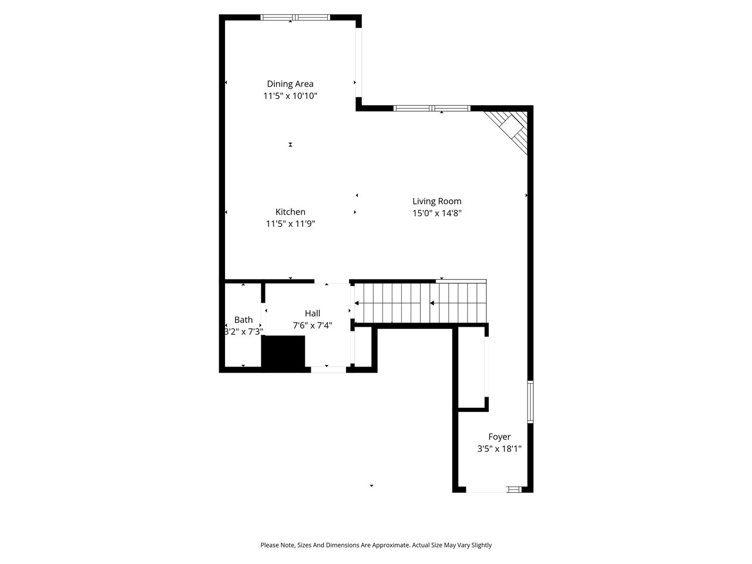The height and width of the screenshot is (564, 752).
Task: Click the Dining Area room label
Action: [290, 84]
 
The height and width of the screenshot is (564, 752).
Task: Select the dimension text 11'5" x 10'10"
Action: [290, 96]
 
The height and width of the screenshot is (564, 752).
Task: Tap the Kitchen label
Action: [290, 212]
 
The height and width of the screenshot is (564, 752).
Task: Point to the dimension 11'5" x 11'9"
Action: [290, 224]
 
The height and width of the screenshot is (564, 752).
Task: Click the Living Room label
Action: [437, 202]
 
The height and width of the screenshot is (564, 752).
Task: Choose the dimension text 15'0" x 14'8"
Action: [437, 213]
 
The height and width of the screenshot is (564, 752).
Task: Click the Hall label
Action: [312, 314]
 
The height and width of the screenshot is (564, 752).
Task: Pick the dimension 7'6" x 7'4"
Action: [312, 325]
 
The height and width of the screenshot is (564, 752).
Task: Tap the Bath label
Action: [243, 320]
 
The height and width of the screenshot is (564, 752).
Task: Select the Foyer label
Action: [499, 437]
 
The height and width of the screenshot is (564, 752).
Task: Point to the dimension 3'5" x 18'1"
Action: [499, 449]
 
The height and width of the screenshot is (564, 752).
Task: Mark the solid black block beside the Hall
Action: [283, 352]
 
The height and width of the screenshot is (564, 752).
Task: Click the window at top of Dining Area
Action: [296, 17]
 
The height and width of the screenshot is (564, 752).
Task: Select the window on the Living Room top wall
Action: [432, 108]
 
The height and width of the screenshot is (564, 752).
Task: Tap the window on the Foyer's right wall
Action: [530, 402]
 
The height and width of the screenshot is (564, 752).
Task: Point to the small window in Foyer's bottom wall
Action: [514, 489]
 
